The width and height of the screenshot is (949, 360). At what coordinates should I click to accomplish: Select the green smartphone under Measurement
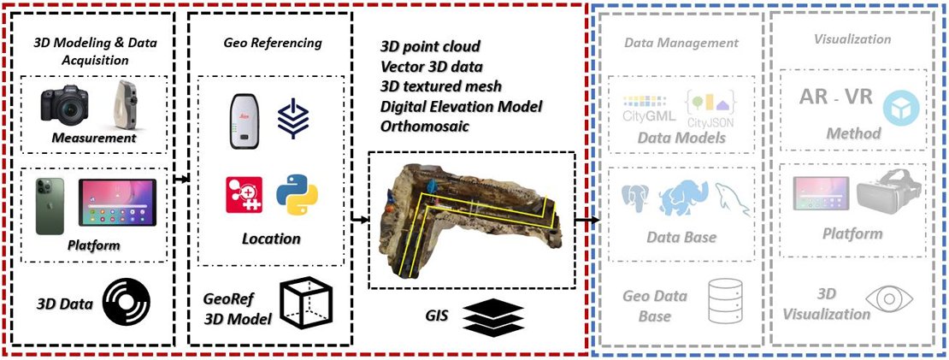[x=49, y=207]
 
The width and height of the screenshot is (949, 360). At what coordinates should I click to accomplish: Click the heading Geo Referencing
[x=261, y=43]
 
